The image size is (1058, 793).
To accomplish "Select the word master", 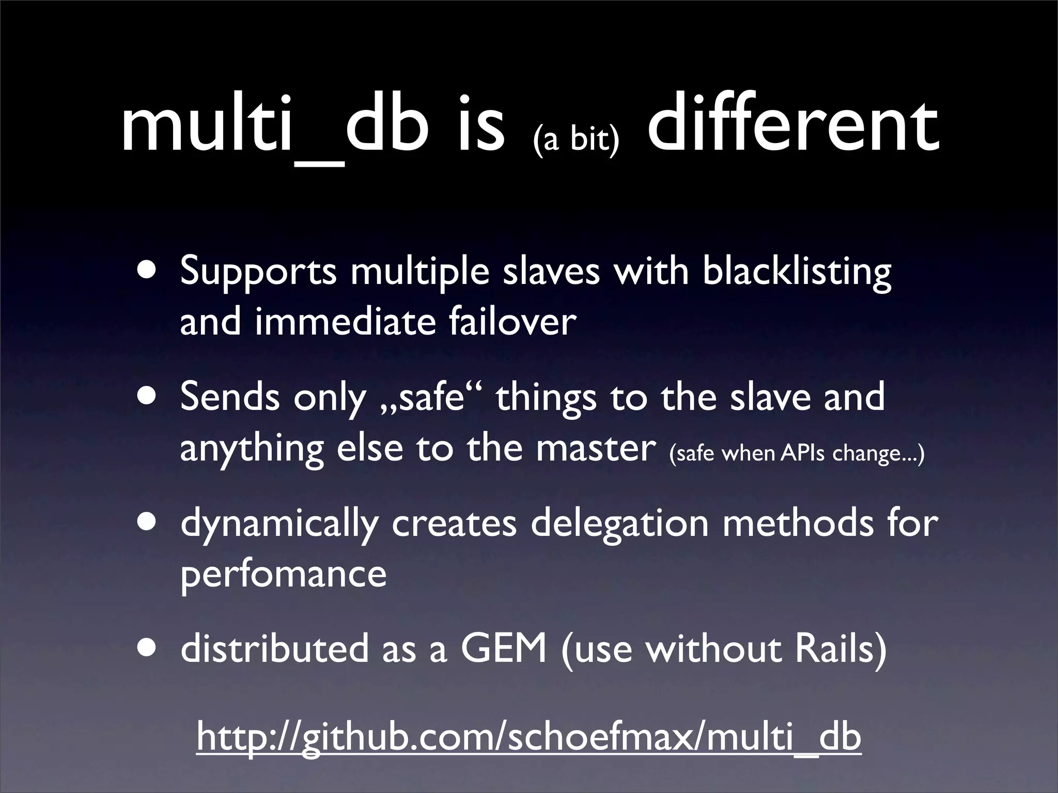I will point(596,448).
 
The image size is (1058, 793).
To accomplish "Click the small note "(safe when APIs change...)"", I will point(796,453).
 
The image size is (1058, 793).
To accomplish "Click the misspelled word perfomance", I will point(283,574).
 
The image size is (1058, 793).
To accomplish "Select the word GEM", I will point(504,648).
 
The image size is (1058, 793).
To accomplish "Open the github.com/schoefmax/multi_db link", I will point(528,737).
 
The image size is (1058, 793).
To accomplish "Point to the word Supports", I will point(258,272).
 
